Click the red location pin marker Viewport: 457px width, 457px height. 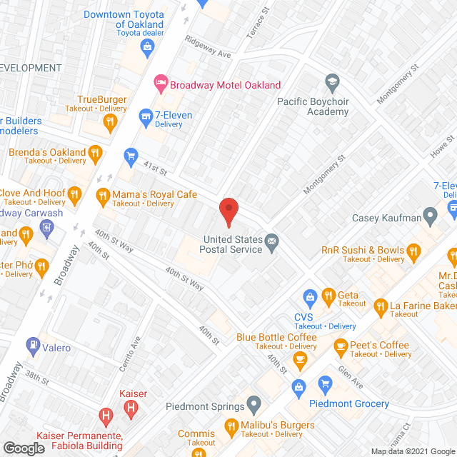pyautogui.click(x=228, y=211)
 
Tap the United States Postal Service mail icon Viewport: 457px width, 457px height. pyautogui.click(x=272, y=242)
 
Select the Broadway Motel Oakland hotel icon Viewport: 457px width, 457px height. pyautogui.click(x=161, y=84)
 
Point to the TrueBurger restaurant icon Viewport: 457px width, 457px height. pyautogui.click(x=109, y=123)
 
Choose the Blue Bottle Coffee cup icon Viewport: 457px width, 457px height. pyautogui.click(x=301, y=359)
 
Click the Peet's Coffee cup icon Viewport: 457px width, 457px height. pyautogui.click(x=341, y=347)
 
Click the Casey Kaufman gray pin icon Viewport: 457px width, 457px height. pyautogui.click(x=430, y=214)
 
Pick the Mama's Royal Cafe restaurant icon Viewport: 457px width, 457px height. pyautogui.click(x=103, y=195)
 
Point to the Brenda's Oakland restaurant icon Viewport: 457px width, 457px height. pyautogui.click(x=94, y=152)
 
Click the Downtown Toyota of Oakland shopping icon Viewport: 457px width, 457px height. pyautogui.click(x=148, y=48)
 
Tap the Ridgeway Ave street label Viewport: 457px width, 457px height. pyautogui.click(x=208, y=47)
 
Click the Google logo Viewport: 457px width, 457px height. pyautogui.click(x=24, y=448)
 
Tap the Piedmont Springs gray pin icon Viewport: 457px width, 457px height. pyautogui.click(x=253, y=405)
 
